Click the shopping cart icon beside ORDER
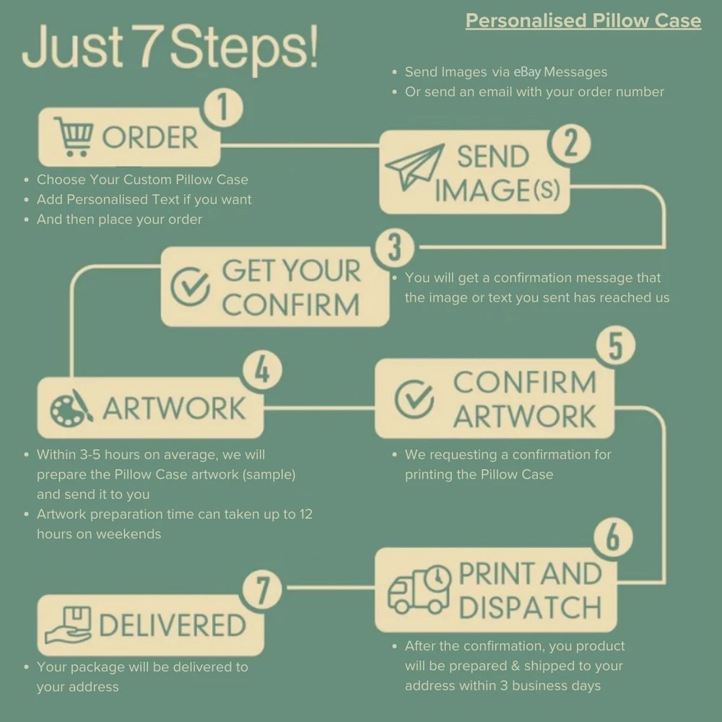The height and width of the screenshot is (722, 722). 74,136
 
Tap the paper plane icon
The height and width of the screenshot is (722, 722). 414,167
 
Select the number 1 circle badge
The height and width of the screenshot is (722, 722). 223,108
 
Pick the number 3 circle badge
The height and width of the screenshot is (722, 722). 395,247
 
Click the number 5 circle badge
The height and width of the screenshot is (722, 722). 616,345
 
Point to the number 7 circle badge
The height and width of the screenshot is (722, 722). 263,590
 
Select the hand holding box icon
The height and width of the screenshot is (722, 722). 68,625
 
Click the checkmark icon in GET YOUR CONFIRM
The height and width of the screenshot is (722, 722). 190,287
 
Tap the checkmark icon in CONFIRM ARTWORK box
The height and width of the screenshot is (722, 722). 414,399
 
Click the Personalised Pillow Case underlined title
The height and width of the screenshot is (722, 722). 583,21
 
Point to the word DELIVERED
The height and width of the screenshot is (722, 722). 173,625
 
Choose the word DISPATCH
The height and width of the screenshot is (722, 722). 531,607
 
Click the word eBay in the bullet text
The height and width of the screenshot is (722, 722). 527,71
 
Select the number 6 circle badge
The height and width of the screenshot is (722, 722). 613,537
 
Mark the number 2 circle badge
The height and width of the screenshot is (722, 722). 570,144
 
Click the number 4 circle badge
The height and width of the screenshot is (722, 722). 263,370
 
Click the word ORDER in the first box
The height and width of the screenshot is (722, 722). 150,137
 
